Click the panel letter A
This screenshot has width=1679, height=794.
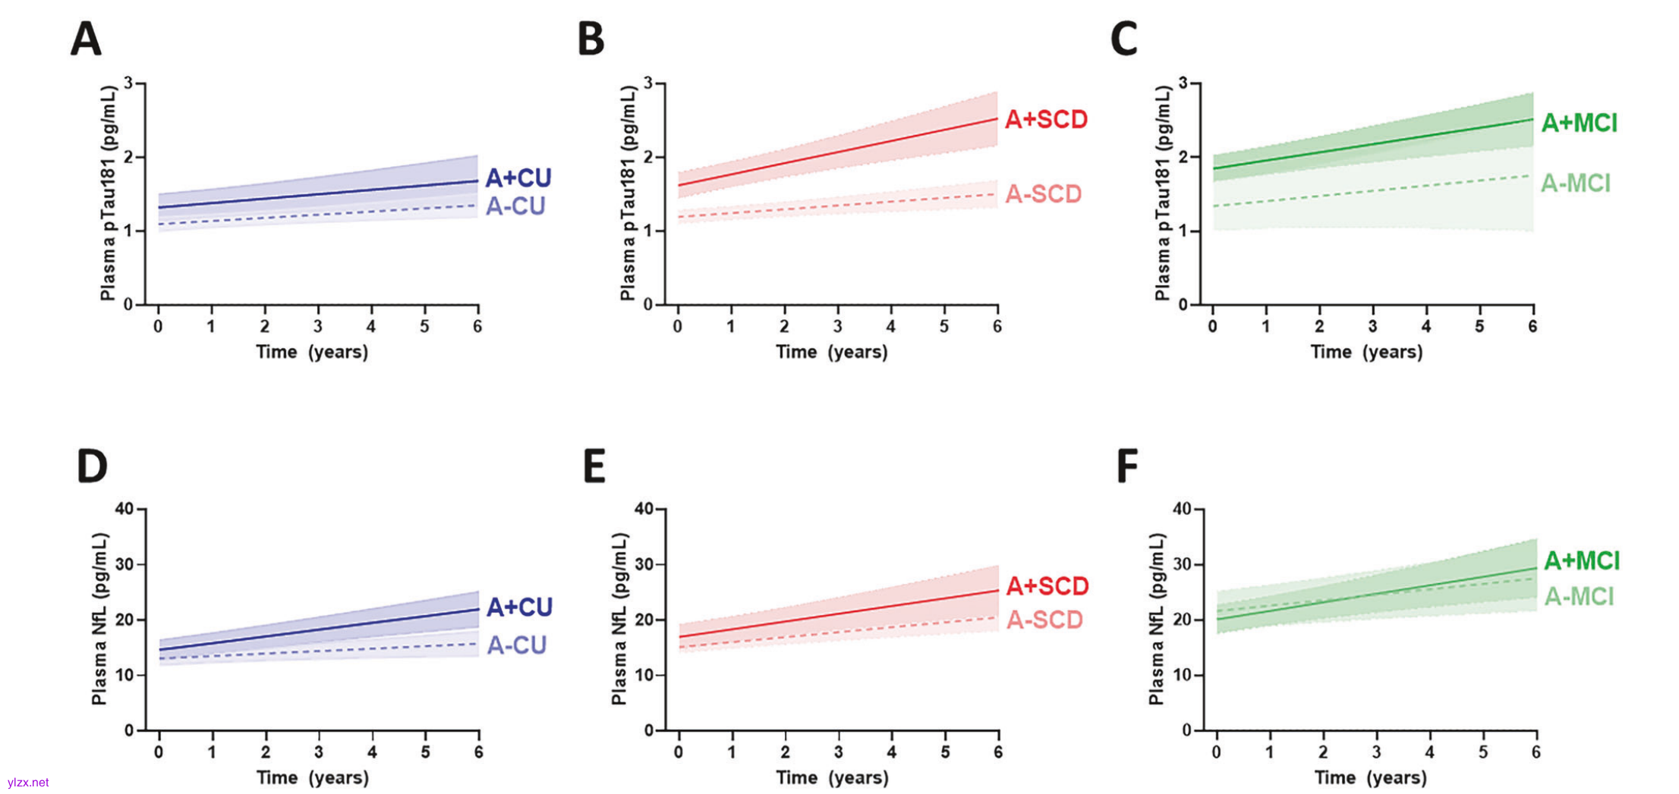tap(86, 39)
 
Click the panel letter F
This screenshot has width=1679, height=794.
tap(1127, 466)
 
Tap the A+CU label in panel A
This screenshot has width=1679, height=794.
tap(518, 177)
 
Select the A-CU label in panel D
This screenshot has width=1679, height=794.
tap(517, 645)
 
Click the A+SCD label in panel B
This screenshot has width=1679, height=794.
tap(1046, 120)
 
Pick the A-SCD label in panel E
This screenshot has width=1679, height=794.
tap(1044, 620)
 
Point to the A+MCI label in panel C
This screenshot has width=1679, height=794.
tap(1579, 123)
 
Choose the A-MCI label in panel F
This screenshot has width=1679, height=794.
tap(1579, 597)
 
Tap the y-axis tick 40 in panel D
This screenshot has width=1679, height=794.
tap(124, 509)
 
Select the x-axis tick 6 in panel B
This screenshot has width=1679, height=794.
tap(997, 326)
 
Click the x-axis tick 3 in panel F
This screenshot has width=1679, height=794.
tap(1376, 752)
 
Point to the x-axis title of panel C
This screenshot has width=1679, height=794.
tap(1366, 352)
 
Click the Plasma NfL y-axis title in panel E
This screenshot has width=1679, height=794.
tap(620, 619)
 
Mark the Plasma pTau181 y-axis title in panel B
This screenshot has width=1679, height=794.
tap(628, 193)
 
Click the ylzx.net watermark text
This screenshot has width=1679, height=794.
tap(28, 783)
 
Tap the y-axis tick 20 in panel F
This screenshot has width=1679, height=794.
tap(1183, 620)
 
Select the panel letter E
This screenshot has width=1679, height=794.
tap(594, 466)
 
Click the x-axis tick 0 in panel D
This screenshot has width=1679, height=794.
tap(159, 752)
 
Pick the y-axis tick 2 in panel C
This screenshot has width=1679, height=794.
tap(1186, 157)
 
